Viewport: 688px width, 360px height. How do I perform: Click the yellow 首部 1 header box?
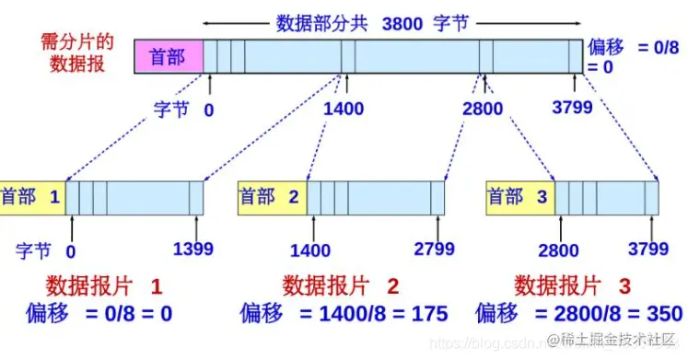32,197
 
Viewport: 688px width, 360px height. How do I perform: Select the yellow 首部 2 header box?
272,197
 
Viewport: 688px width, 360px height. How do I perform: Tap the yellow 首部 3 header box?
519,197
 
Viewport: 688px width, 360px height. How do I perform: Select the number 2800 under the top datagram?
483,109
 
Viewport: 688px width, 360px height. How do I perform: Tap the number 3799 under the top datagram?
572,109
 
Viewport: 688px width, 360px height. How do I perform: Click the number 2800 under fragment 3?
559,249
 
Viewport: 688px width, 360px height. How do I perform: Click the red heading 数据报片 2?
341,284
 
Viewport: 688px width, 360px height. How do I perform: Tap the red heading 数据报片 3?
573,284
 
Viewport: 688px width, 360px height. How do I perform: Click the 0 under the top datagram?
209,109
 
